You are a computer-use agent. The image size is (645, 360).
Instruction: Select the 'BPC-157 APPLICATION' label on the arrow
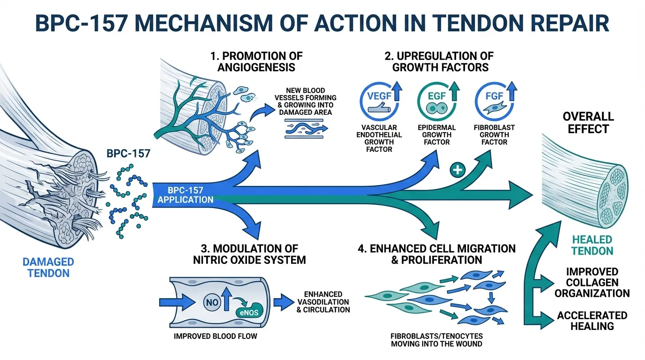pos(186,195)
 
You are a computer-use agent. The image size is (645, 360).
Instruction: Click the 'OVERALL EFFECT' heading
pos(588,122)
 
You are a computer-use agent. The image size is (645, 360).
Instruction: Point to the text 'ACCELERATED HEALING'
pos(592,321)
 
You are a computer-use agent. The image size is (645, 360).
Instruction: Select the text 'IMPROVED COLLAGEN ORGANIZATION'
pos(592,282)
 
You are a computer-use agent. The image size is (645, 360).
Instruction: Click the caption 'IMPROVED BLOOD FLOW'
pos(215,336)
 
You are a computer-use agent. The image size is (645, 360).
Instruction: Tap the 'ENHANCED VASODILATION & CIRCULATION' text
pos(323,302)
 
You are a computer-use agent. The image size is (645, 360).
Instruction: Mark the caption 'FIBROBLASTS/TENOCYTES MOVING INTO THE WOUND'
pos(436,340)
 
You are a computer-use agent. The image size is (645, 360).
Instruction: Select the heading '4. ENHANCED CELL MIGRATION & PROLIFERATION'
pos(436,254)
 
